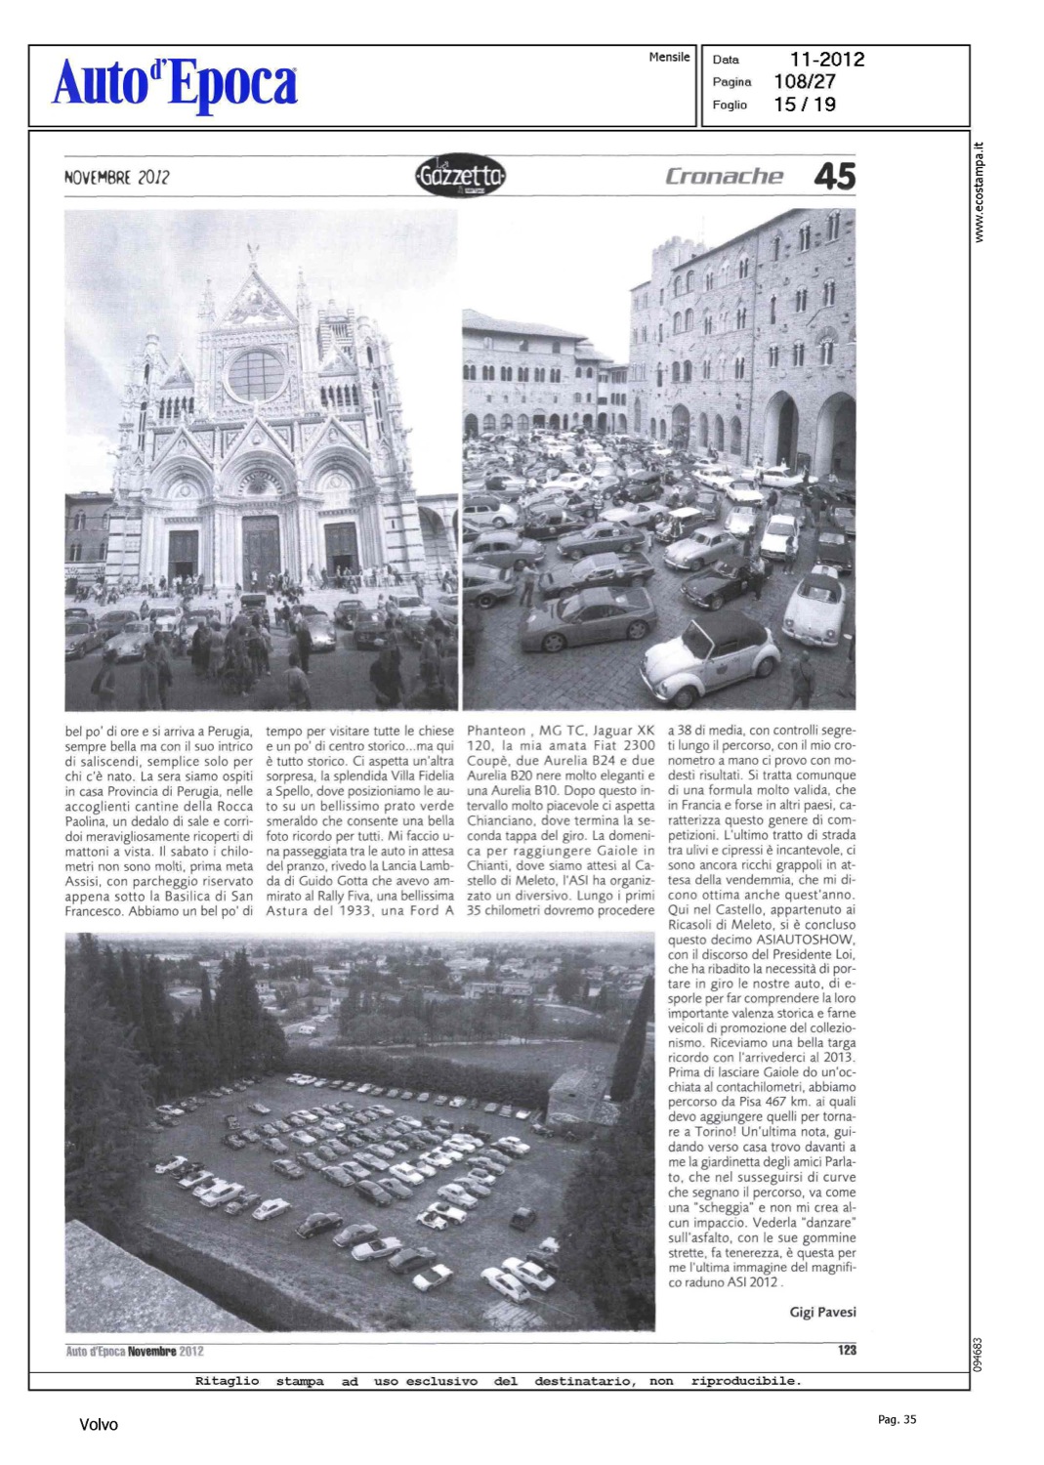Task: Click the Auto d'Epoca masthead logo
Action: [x=175, y=84]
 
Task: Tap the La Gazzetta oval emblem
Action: [x=459, y=177]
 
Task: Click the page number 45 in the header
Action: [x=834, y=177]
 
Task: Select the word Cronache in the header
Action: [x=724, y=177]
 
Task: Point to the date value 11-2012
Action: [x=826, y=60]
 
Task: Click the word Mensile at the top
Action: [x=669, y=58]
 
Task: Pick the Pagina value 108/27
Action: [x=804, y=82]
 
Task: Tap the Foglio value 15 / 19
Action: [x=804, y=105]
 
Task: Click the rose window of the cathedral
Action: [x=256, y=374]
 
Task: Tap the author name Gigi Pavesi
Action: [x=822, y=1312]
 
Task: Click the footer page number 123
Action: [x=847, y=1350]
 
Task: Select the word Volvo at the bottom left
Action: [x=99, y=1425]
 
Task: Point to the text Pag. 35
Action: [x=897, y=1420]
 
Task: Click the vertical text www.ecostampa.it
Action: [x=980, y=192]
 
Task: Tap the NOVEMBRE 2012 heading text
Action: [x=116, y=178]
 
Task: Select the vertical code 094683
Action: [x=980, y=1354]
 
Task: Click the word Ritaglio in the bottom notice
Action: [x=227, y=1381]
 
